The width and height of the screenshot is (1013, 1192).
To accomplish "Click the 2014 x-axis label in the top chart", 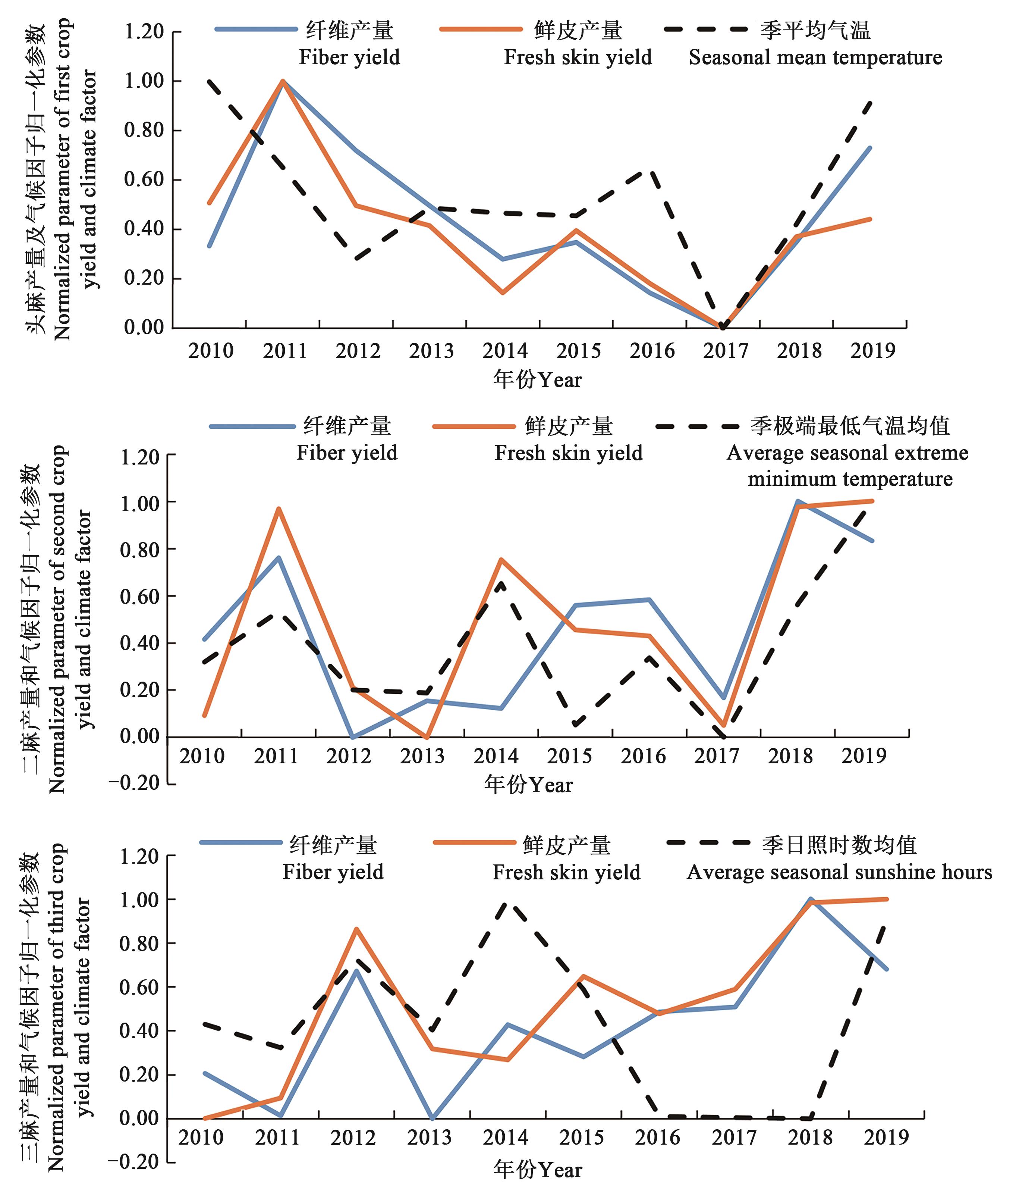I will point(505,351).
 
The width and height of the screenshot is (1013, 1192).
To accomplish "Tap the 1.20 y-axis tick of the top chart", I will point(144,32).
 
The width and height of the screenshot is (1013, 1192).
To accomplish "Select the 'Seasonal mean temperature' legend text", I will point(815,57).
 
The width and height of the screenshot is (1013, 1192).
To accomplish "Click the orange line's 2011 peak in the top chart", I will point(283,81).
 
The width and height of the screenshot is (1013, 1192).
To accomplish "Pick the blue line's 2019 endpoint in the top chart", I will point(871,148).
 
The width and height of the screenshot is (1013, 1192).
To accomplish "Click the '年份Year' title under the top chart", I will point(538,379).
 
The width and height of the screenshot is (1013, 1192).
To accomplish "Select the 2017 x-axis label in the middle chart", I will point(717,756).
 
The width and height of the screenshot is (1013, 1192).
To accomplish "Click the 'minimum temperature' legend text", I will point(850,479).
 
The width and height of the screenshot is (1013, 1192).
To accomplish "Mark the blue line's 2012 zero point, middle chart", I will point(352,737).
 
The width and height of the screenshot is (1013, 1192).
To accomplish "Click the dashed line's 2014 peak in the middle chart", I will point(501,584).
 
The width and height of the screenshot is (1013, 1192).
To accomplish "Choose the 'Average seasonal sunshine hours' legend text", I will point(840,872).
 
